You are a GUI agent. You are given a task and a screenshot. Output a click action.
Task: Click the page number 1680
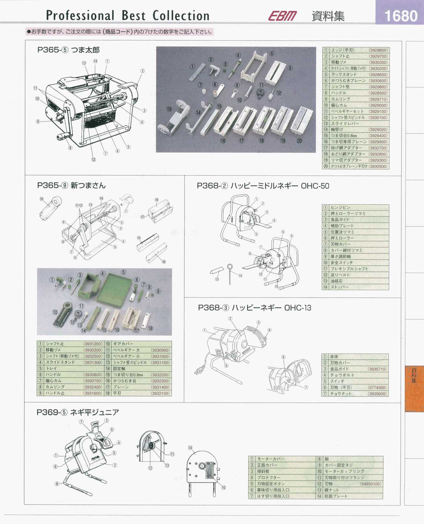(400, 16)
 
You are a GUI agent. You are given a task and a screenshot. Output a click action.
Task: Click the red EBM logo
(282, 16)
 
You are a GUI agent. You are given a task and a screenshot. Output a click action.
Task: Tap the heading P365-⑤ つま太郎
(69, 50)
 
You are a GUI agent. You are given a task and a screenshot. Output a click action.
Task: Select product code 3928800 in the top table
(378, 50)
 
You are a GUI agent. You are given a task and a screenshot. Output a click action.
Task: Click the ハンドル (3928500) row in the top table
(355, 93)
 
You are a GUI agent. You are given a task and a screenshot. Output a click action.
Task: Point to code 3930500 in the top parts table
(378, 166)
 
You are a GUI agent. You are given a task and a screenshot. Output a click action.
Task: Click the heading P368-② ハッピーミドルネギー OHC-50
(263, 186)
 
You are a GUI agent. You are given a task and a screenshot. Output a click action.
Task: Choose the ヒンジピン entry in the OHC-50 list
(341, 207)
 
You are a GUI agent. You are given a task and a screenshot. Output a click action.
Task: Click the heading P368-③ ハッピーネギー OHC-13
(255, 308)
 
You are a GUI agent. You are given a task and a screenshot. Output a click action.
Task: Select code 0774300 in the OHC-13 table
(377, 388)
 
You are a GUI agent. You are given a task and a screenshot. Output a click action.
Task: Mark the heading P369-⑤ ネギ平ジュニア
(78, 412)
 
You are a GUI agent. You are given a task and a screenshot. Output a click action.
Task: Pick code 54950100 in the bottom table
(370, 484)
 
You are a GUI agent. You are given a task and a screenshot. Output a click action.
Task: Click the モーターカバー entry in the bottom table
(271, 459)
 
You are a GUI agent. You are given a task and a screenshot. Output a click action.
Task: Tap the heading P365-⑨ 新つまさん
(71, 185)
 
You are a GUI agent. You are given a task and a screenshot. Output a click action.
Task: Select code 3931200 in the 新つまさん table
(93, 344)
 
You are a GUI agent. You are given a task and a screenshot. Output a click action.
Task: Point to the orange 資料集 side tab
(414, 388)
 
